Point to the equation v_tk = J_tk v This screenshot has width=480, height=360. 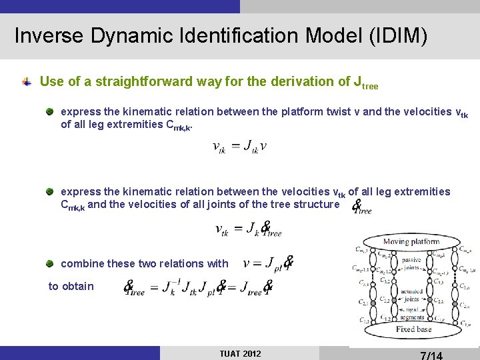click(240, 147)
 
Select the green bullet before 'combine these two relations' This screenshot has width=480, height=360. click(51, 263)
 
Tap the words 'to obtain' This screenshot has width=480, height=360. click(71, 286)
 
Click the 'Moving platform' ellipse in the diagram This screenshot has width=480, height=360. click(411, 241)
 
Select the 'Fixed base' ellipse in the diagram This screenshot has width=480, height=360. click(414, 329)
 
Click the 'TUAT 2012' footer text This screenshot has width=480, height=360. click(240, 353)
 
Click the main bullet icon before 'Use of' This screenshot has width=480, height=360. click(27, 82)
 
